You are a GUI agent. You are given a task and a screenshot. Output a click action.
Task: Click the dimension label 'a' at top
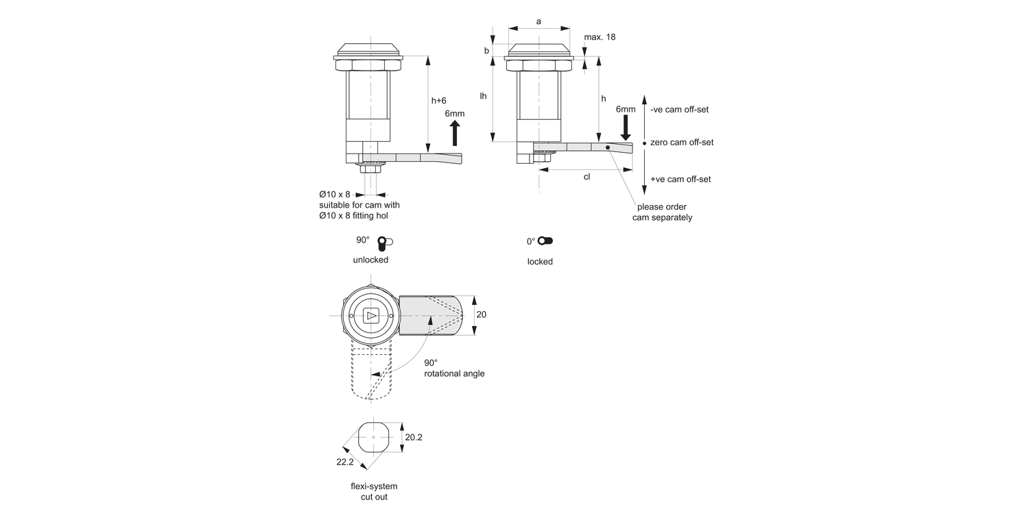click(x=539, y=21)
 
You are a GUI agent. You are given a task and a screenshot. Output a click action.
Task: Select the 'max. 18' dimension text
click(x=599, y=37)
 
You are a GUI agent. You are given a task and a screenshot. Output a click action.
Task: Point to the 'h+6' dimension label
click(x=439, y=101)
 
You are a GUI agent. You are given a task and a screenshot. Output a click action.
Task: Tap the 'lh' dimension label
click(x=483, y=96)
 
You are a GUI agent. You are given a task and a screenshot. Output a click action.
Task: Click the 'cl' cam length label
click(x=587, y=177)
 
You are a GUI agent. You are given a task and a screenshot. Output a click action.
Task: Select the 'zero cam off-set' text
click(x=681, y=143)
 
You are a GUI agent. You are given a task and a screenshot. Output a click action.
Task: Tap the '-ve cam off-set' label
click(x=679, y=110)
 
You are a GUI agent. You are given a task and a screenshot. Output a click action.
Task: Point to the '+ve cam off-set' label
click(x=680, y=180)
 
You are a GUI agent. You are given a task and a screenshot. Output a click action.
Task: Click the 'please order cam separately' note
click(x=662, y=212)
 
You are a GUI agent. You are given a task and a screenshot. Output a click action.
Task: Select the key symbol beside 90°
click(x=385, y=242)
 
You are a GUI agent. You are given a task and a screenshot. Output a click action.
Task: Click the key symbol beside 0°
click(x=545, y=241)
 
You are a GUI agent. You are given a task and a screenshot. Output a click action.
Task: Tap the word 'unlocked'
click(x=370, y=260)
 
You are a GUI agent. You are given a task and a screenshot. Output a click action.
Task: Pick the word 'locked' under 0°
click(x=540, y=262)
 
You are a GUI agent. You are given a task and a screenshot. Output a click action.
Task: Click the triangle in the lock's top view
click(x=371, y=316)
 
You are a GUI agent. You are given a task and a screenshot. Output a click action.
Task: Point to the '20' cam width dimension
click(x=482, y=315)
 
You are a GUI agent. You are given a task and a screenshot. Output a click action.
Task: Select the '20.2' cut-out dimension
click(x=414, y=437)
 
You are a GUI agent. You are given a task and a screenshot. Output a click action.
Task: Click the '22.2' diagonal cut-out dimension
click(x=345, y=463)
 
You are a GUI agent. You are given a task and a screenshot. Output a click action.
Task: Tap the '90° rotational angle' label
click(x=453, y=368)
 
